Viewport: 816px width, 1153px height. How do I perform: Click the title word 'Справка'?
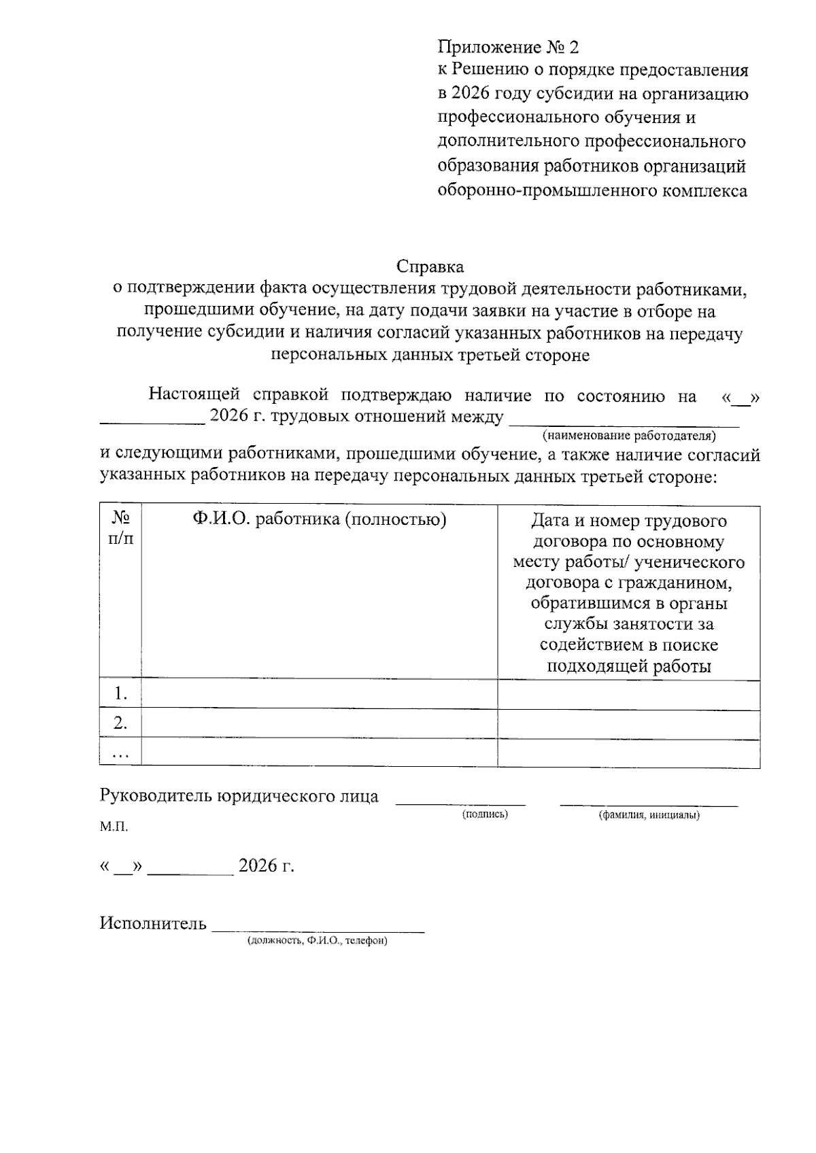430,266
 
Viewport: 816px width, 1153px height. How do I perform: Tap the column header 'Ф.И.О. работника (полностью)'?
319,520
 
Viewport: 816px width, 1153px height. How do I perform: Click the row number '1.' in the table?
120,693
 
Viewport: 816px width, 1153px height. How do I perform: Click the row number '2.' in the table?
120,723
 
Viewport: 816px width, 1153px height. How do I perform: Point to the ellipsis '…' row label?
120,753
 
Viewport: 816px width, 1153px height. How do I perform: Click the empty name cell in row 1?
319,693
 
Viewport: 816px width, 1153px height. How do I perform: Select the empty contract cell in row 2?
628,723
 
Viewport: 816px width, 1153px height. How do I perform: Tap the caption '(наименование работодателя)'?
629,434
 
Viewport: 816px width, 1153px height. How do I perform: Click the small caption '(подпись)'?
484,814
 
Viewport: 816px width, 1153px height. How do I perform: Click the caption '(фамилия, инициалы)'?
649,814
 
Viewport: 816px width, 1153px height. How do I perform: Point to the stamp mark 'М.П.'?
114,827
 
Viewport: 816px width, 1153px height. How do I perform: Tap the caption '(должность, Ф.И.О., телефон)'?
317,941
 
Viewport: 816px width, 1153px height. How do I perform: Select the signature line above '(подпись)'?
460,803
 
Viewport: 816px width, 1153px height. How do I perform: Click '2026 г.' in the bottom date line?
266,865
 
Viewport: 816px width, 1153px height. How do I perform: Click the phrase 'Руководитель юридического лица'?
239,796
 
